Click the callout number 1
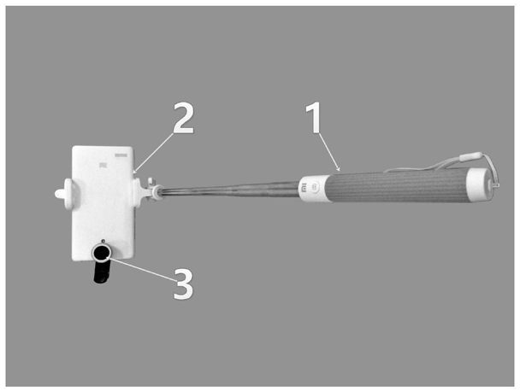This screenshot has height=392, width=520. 314,117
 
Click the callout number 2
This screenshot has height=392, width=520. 183,118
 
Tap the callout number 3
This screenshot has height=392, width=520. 183,284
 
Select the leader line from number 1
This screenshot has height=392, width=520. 329,152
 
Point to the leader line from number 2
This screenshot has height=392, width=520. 153,153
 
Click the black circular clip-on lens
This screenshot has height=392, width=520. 101,254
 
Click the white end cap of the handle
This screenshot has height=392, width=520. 479,184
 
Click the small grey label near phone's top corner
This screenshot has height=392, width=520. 121,155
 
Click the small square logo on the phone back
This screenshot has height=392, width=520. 102,164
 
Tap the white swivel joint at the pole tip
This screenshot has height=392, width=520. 155,191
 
